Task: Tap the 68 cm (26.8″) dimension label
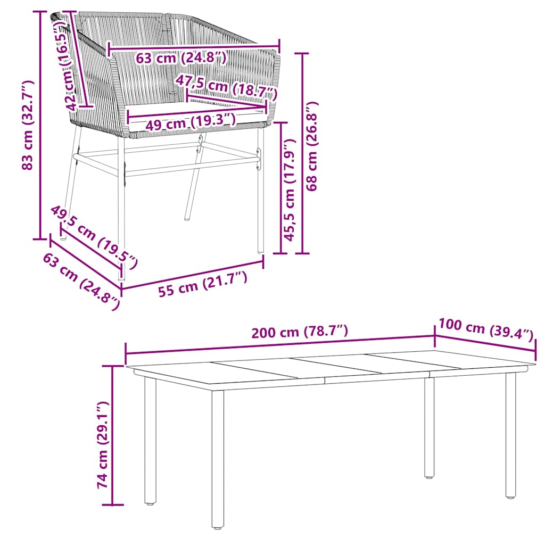313,146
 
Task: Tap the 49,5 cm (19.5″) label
94,235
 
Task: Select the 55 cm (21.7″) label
202,284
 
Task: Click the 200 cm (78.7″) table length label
300,332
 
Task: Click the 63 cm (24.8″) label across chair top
181,57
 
